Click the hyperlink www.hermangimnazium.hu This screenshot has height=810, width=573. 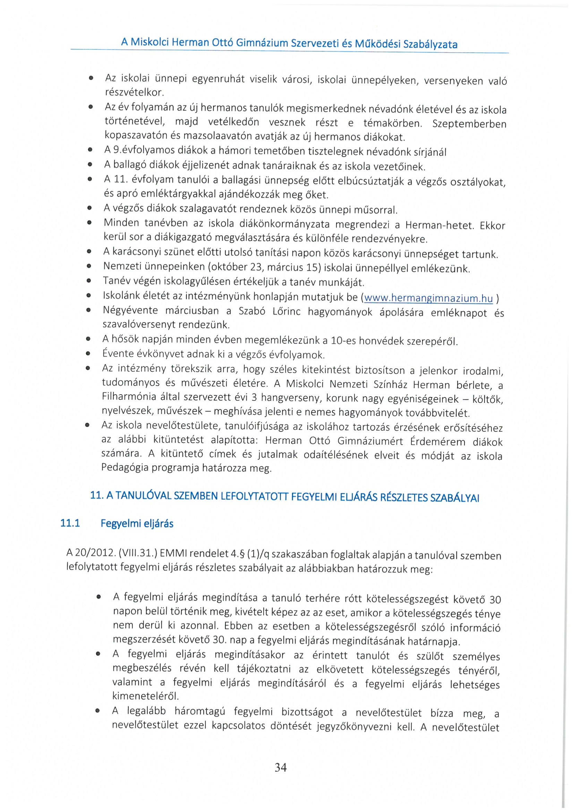tap(428, 298)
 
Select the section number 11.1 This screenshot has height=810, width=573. tap(70, 523)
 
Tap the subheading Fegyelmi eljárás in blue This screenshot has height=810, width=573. tap(137, 524)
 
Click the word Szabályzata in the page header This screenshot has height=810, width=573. tap(430, 44)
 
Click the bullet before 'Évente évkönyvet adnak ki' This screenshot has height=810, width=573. tap(88, 353)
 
